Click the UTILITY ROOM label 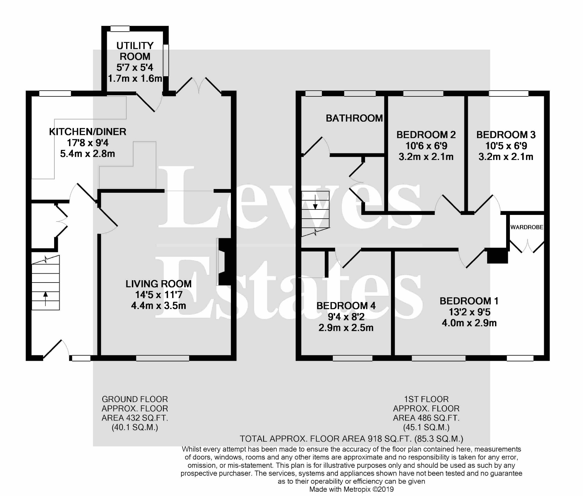tap(135, 51)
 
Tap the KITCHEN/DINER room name tap(88, 132)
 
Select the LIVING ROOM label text tap(158, 284)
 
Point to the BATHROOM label tap(354, 118)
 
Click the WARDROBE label tap(527, 227)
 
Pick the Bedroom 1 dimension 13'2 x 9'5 tap(469, 312)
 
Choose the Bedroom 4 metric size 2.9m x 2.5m tap(346, 328)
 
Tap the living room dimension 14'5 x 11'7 tap(159, 295)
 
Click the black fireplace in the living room tap(226, 262)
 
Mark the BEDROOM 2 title tap(426, 135)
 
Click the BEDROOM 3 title tap(506, 135)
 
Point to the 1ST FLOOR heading tap(426, 399)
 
